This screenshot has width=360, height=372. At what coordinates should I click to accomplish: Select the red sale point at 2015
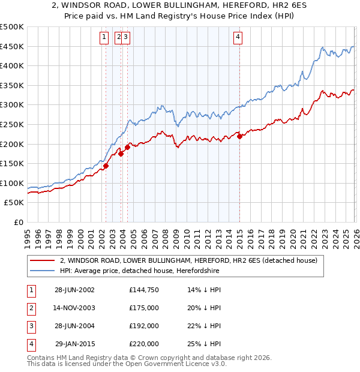click(239, 136)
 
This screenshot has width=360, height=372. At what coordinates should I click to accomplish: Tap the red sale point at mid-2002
click(106, 166)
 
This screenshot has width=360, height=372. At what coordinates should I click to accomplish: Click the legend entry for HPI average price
click(139, 271)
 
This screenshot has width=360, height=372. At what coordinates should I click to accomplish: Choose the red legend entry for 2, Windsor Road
click(192, 260)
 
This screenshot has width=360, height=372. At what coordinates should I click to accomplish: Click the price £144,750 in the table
click(144, 289)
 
